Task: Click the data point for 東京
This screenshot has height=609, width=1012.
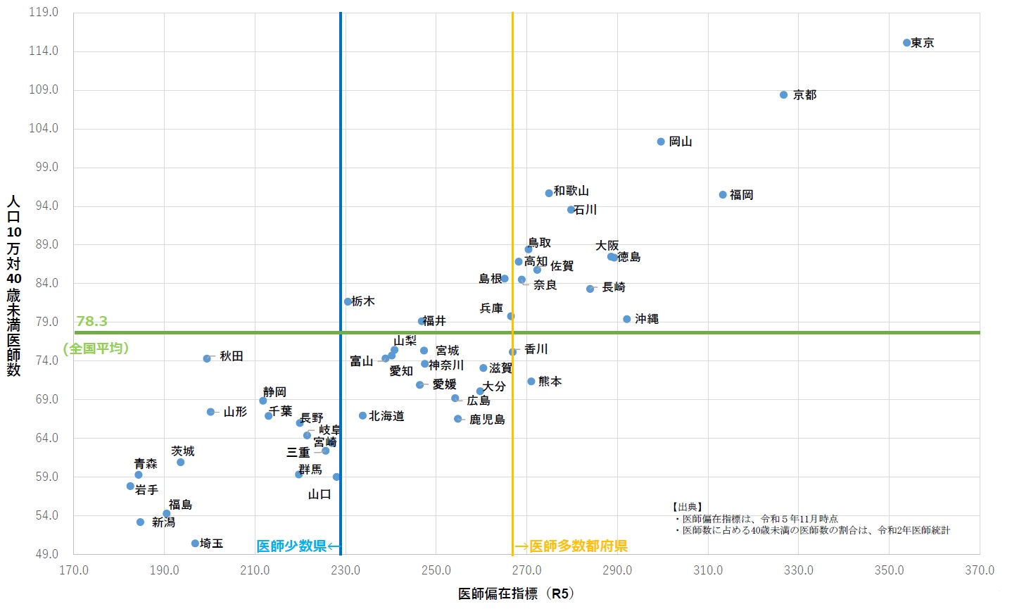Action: pos(906,43)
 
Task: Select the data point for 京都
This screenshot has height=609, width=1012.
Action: pos(783,95)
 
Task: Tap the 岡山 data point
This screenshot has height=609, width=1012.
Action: pos(661,142)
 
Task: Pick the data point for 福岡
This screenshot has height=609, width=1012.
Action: pos(723,195)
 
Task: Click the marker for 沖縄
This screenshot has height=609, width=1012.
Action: pos(627,320)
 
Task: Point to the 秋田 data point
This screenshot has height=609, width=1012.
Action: pos(207,359)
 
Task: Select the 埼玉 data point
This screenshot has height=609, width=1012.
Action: pos(195,544)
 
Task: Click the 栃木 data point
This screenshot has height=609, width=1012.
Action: pos(348,302)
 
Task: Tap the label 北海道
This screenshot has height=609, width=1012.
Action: pos(386,416)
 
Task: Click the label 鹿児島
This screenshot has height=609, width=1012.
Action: pos(487,420)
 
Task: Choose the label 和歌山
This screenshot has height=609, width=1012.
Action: pos(571,191)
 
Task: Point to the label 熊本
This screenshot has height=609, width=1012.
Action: pos(550,382)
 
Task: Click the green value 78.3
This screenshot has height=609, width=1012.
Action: pos(91,322)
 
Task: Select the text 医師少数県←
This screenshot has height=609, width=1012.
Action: pos(298,546)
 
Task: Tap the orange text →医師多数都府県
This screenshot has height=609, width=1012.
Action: pos(571,546)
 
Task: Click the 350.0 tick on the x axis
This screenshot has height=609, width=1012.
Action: pos(889,570)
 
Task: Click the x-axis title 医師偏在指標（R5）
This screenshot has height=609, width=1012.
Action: pos(516,594)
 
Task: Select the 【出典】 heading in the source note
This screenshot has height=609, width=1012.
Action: pos(688,507)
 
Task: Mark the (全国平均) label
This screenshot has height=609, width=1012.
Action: pos(96,349)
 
